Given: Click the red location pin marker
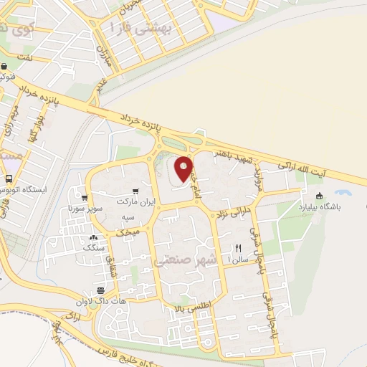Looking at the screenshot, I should coord(184,167).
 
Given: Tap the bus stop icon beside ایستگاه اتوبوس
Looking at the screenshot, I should coord(8,178).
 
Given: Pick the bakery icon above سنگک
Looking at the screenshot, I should coord(92,237).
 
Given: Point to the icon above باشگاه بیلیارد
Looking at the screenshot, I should coord(319,195).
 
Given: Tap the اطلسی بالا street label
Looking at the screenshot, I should coord(188,307).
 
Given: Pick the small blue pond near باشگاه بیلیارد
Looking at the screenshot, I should coord(343,193).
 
